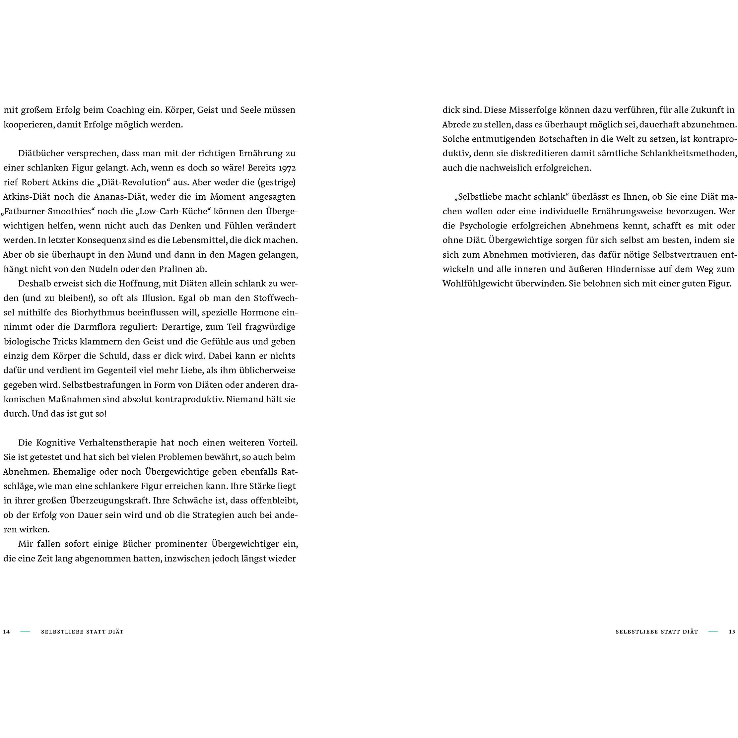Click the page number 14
(x=7, y=632)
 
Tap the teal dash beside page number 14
(x=25, y=632)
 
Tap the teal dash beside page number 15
(x=713, y=632)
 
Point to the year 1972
(x=287, y=168)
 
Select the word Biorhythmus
(x=98, y=312)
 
